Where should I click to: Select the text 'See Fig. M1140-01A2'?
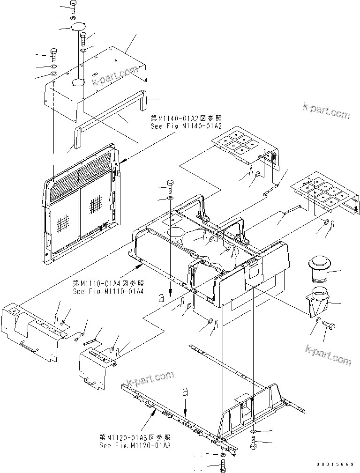(x=183, y=126)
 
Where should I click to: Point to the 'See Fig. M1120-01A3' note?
(x=135, y=445)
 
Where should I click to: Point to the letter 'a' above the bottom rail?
(x=186, y=392)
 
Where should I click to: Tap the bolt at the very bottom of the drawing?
(x=223, y=466)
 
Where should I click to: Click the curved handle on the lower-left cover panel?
(x=30, y=347)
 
